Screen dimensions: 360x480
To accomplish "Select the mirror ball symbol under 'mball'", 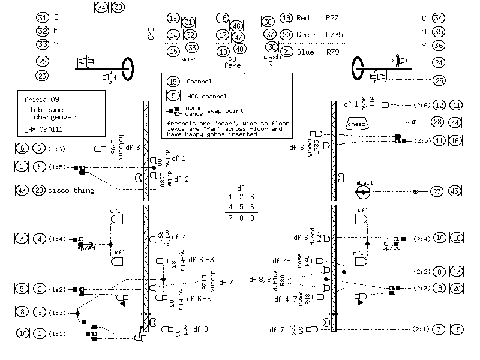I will click(x=363, y=192).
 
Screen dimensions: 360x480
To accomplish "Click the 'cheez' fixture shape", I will click(x=357, y=123).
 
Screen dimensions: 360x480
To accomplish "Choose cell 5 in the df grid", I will click(x=241, y=207).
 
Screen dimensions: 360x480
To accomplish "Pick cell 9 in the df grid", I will click(x=252, y=218).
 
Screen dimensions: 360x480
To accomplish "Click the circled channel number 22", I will click(x=43, y=61).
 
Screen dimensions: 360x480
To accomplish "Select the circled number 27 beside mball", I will click(x=439, y=191).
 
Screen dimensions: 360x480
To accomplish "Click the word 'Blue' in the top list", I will click(x=305, y=52).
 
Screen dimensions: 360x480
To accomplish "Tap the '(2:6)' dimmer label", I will click(x=421, y=105).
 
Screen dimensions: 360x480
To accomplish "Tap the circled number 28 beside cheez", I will click(x=439, y=122).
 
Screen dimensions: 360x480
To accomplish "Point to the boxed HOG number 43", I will click(x=22, y=190).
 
